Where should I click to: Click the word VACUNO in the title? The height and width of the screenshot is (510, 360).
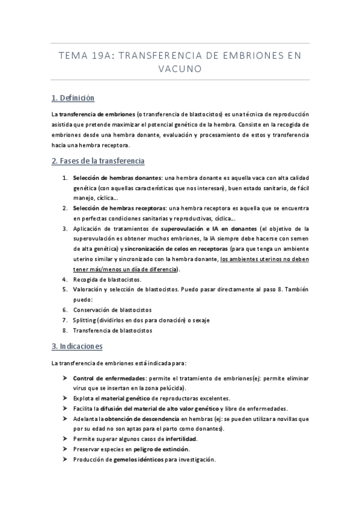pos(180,69)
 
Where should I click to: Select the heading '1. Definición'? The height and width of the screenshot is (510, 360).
pos(72,98)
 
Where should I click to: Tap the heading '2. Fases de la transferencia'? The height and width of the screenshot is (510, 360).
pos(97,161)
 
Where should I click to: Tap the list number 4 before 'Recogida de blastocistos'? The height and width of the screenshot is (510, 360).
pos(64,280)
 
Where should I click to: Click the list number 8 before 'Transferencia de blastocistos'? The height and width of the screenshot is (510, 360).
pos(64,330)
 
